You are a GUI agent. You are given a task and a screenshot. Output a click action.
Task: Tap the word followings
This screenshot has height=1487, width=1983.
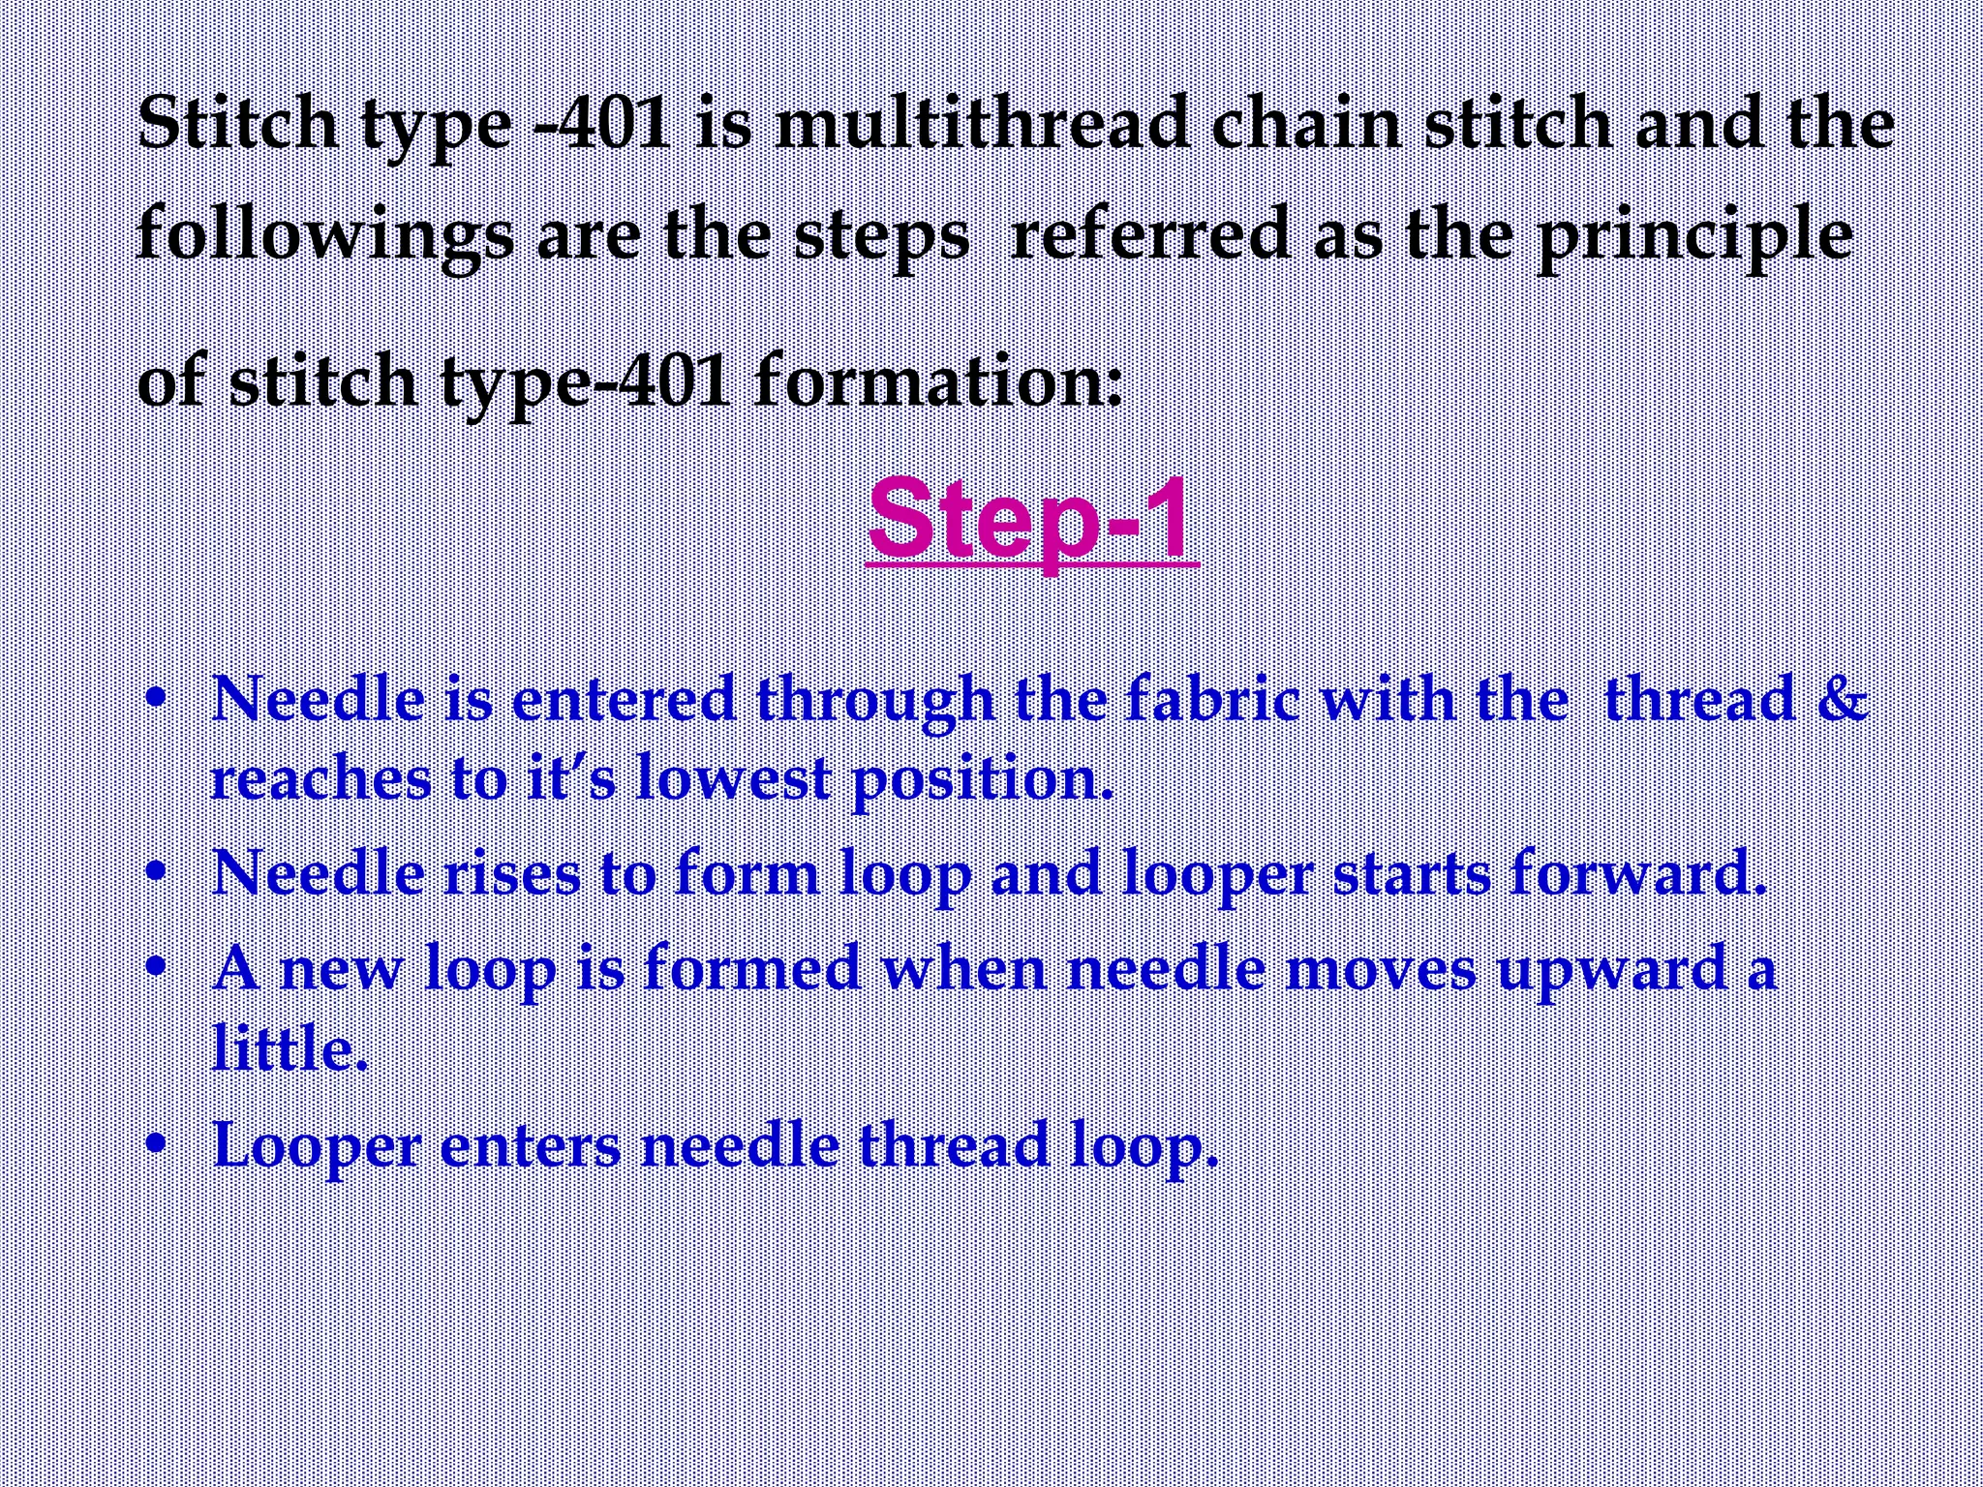click(x=325, y=236)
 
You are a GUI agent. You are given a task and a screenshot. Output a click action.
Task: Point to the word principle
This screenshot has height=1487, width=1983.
click(x=1693, y=236)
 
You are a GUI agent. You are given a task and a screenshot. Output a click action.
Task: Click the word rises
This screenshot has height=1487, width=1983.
click(x=512, y=872)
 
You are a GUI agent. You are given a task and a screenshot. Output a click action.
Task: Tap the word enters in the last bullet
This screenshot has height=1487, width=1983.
click(x=530, y=1144)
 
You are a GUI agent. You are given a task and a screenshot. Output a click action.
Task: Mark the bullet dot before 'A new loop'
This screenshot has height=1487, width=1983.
click(x=155, y=965)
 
